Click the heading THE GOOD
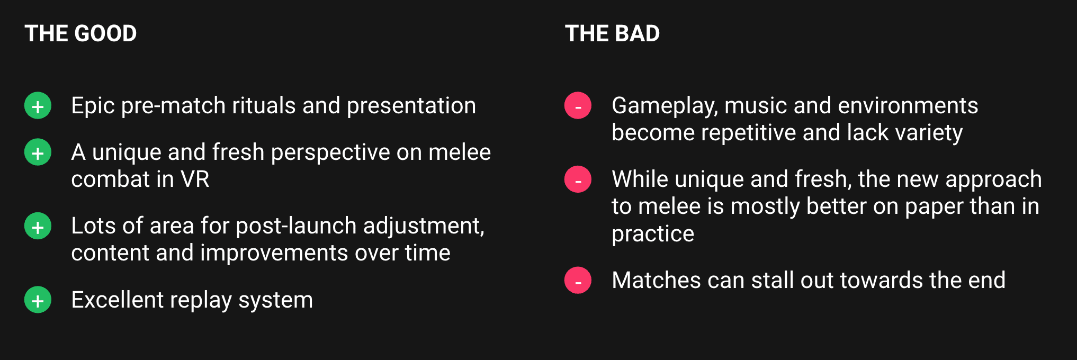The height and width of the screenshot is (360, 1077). coord(80,33)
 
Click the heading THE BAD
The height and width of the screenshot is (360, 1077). coord(612,33)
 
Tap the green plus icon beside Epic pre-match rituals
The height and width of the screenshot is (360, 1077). coord(38,106)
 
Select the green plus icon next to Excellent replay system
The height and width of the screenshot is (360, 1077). coord(38,300)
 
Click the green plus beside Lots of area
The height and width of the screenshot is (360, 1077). coord(38,226)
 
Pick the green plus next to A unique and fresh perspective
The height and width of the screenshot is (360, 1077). coord(38,152)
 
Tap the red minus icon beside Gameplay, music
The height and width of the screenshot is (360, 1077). coord(578,106)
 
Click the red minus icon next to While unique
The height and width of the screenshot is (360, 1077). coord(578,179)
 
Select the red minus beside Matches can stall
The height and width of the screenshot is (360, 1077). coord(578,281)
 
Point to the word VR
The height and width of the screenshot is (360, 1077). coord(195,179)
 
